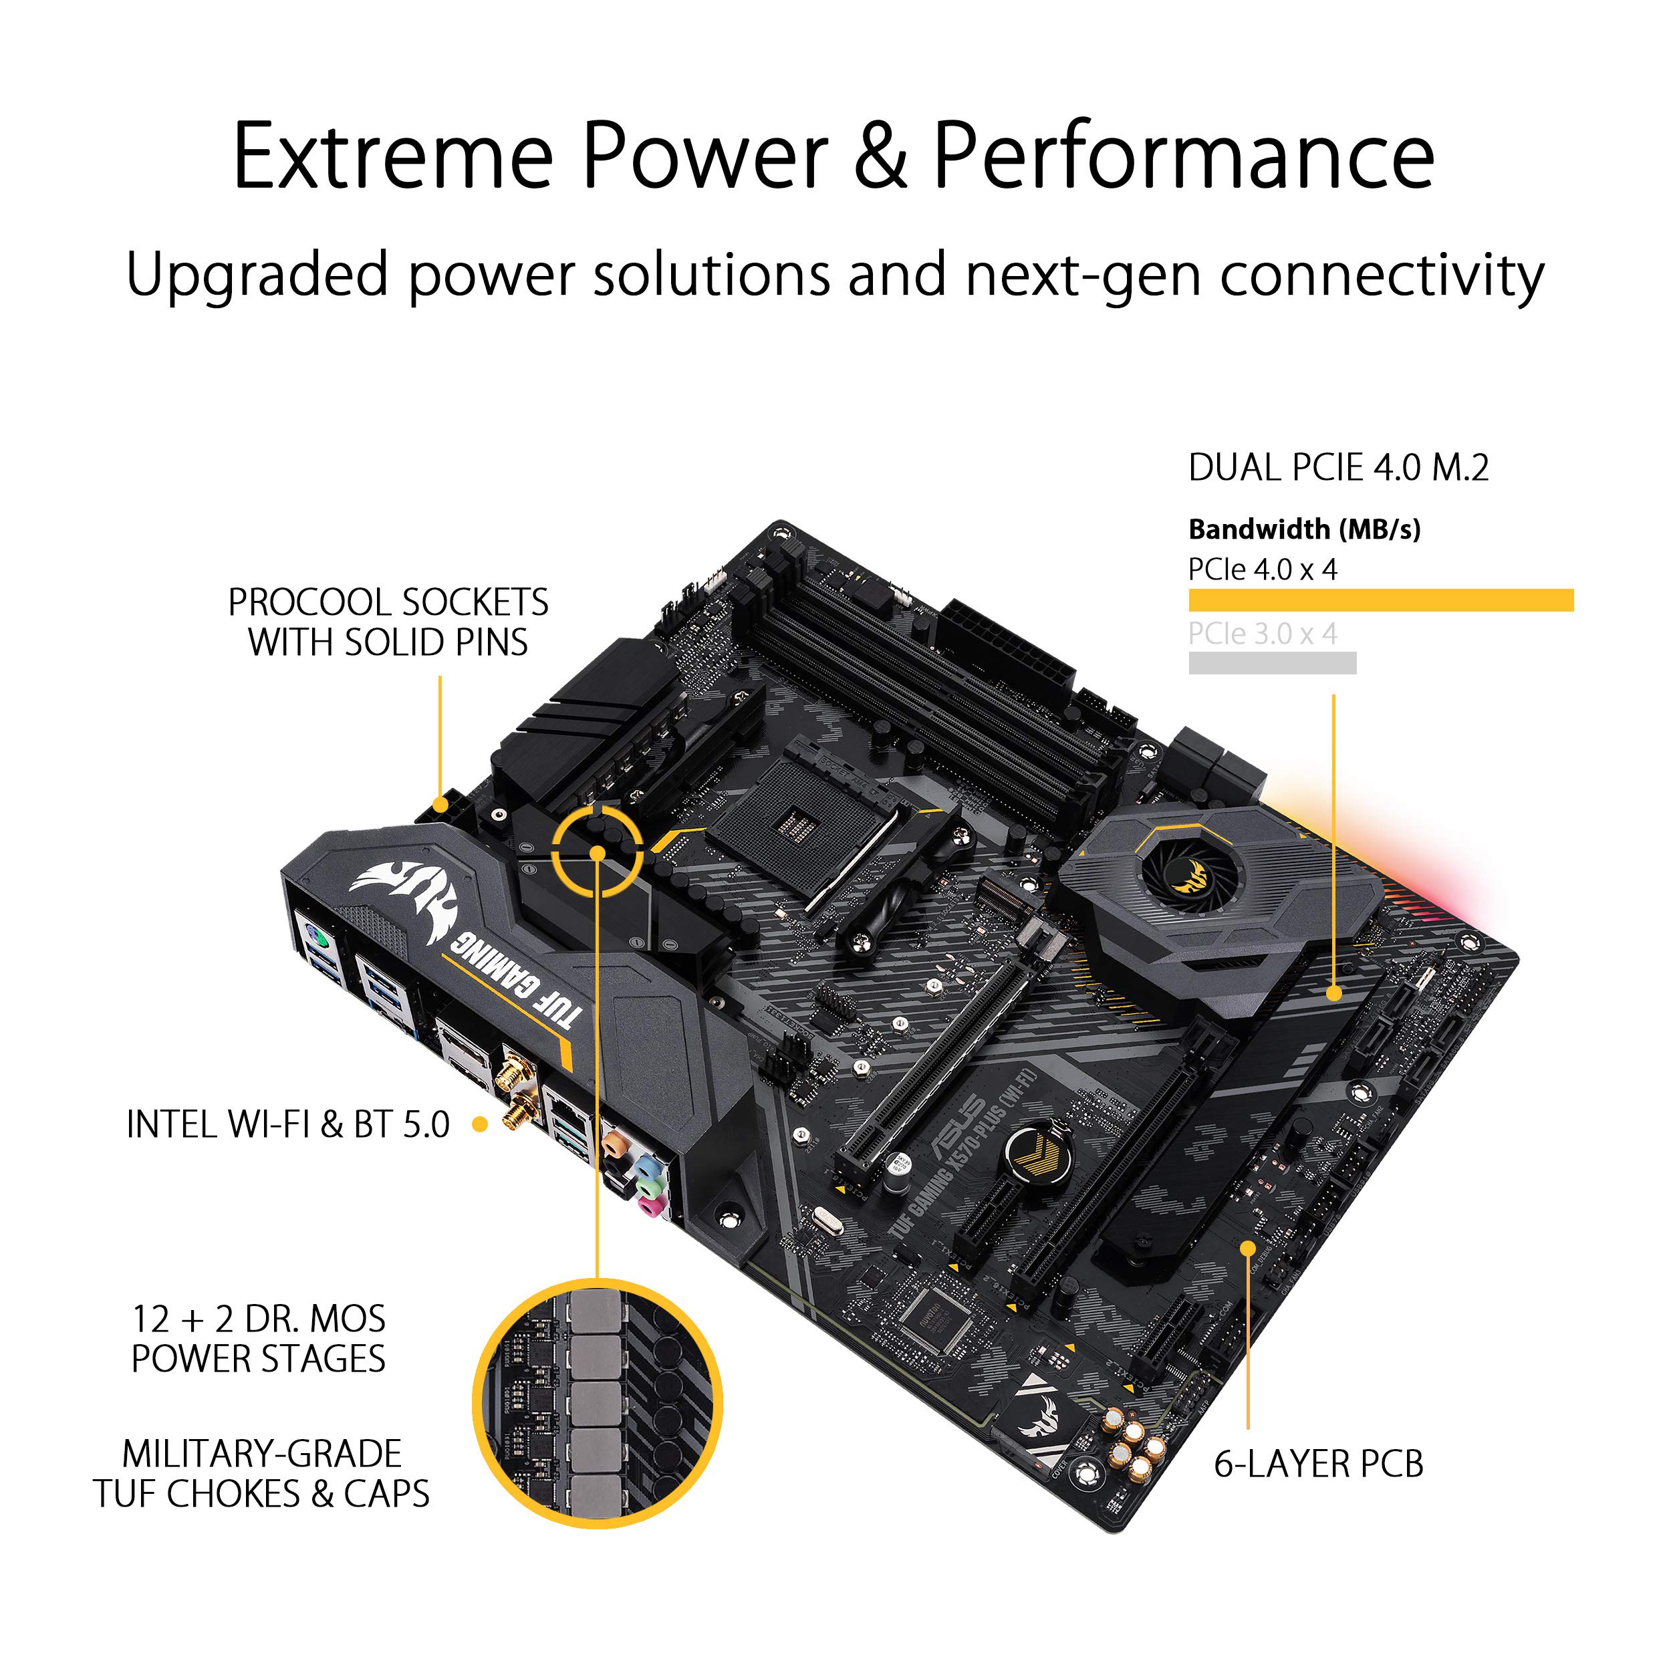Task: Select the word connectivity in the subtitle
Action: click(1382, 275)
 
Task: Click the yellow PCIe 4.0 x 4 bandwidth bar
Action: click(1380, 600)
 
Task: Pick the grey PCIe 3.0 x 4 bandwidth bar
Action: click(1272, 663)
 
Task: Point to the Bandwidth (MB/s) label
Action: click(1304, 529)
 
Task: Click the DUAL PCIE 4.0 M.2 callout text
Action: click(1338, 468)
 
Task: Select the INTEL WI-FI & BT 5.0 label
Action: click(288, 1124)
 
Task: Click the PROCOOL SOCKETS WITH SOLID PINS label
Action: click(388, 622)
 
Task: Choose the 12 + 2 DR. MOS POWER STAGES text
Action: click(258, 1339)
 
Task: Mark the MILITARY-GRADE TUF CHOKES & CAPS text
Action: click(261, 1474)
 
